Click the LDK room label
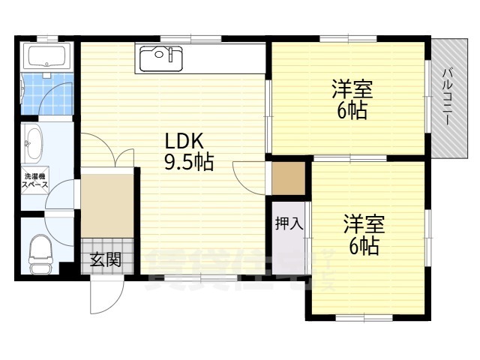[184, 142]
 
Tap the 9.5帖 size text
[189, 162]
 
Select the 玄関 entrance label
[106, 259]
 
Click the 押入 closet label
[289, 223]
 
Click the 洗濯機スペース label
[35, 181]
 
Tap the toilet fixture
[40, 253]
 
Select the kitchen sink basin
[161, 58]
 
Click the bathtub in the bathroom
[46, 55]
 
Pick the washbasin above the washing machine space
[32, 143]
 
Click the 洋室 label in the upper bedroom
[352, 89]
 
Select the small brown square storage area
[289, 178]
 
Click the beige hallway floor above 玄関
[107, 205]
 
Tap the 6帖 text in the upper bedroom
[352, 110]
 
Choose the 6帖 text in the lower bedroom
[364, 245]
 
